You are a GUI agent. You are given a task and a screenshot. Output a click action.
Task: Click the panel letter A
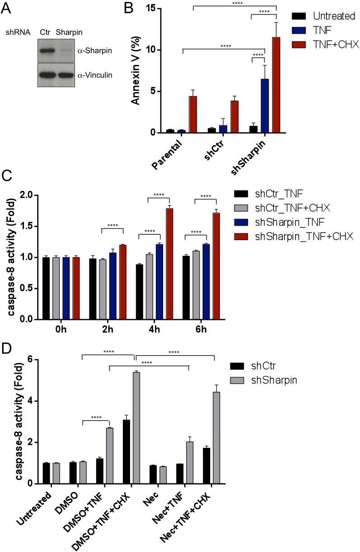pos(6,8)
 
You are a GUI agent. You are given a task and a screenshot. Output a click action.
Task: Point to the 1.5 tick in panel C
pos(27,226)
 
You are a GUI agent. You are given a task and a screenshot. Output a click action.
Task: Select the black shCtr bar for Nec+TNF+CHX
pos(207,466)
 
